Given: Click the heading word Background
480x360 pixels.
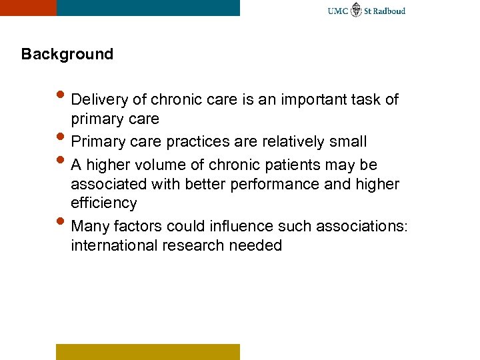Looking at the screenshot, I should tap(67, 54).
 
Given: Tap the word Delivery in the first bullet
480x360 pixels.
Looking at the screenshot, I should tap(97, 100).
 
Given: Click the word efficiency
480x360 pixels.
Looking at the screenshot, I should tap(103, 203).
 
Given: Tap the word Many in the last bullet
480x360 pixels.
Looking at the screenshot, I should tap(91, 226).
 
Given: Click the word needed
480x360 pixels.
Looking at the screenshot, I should tap(255, 245).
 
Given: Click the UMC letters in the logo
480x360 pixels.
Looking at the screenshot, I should tap(338, 11).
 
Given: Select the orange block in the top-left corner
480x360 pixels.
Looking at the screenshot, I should tap(28, 7).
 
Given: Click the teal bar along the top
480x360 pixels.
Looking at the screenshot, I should tap(148, 7).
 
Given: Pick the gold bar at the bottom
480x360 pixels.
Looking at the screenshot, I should tap(147, 351).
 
